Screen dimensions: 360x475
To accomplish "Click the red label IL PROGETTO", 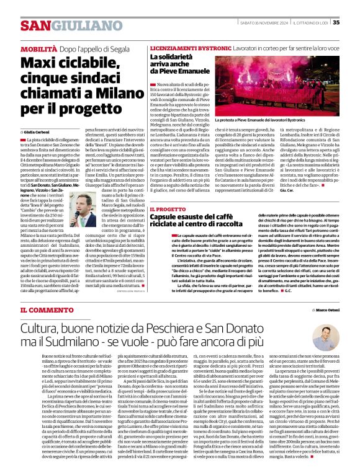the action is coord(168,210).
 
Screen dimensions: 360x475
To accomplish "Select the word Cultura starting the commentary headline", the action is coord(45,326).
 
